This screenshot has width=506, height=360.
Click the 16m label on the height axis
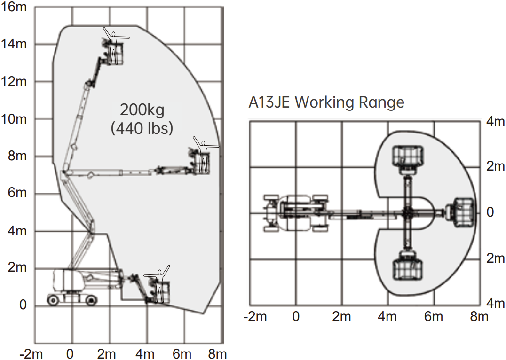[14, 7]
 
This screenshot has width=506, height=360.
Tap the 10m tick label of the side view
[14, 119]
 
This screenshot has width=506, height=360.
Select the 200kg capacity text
[142, 110]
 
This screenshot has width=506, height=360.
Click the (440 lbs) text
[142, 128]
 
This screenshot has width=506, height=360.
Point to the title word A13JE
[269, 102]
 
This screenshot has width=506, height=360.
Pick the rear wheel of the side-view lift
[53, 300]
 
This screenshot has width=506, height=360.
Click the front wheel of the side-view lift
[92, 300]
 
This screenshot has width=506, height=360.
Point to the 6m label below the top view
[433, 316]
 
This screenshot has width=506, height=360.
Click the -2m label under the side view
[31, 354]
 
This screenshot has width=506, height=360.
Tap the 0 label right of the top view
[490, 212]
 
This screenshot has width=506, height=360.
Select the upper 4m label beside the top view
[495, 121]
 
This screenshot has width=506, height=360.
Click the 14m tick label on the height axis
[14, 44]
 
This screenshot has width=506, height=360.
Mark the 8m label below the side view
[217, 354]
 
